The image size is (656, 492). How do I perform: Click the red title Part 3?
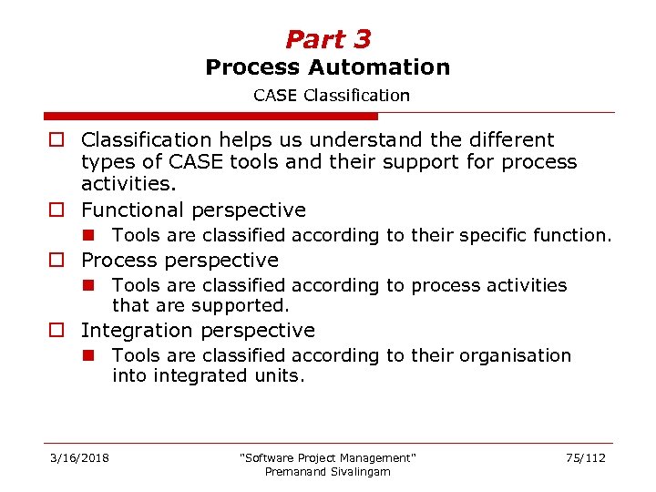(x=328, y=39)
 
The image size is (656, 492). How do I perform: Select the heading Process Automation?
(x=328, y=67)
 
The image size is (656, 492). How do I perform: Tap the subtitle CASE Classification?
(x=332, y=95)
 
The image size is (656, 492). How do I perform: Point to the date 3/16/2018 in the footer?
(x=79, y=457)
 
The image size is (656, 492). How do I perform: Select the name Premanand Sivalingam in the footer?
(x=327, y=471)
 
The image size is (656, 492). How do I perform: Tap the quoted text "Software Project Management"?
(x=327, y=457)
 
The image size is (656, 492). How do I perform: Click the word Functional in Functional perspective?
(x=133, y=210)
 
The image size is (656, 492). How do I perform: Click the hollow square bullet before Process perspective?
(x=56, y=261)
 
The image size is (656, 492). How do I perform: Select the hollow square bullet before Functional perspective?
(x=56, y=210)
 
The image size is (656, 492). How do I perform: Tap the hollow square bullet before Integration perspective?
(x=56, y=331)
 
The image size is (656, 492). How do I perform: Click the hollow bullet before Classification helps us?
(x=56, y=140)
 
